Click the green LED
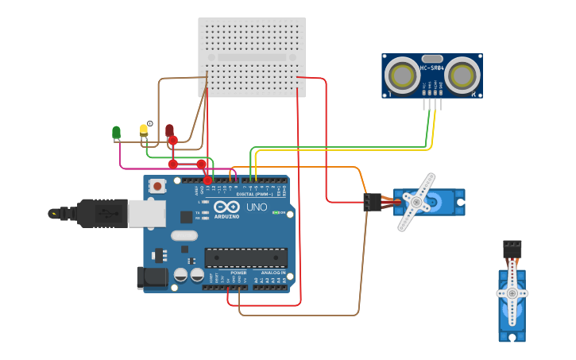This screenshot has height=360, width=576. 117,132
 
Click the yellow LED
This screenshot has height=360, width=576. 144,130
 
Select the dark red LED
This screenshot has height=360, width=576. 169,130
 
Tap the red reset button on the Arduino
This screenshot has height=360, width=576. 158,186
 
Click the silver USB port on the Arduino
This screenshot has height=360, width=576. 146,213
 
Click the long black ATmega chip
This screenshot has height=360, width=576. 245,257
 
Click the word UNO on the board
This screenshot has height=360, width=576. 257,207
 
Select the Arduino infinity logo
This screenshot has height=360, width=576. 227,205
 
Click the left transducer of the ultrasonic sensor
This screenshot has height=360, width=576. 400,75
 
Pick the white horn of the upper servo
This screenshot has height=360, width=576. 416,202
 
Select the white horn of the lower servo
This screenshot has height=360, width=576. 512,293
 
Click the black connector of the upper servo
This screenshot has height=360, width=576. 372,203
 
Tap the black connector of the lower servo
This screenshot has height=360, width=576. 512,249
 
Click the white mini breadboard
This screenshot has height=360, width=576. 252,57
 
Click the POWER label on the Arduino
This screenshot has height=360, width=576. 238,273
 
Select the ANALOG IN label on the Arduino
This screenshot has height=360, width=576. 273,273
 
